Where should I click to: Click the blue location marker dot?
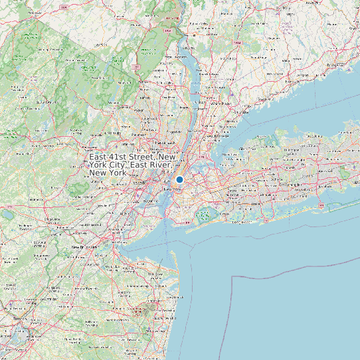pos(179,179)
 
